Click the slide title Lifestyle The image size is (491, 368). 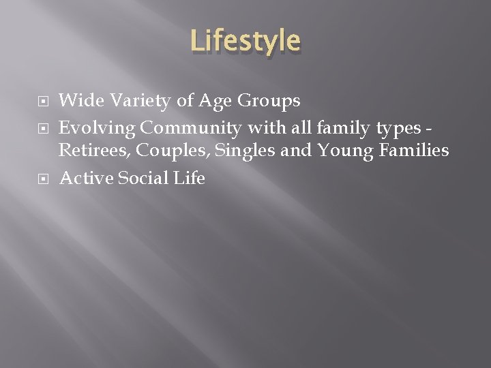coord(245,41)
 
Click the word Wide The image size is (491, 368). coord(80,101)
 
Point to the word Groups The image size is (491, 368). coord(269,102)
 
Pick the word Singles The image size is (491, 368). coord(246,151)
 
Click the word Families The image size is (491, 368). coord(413,150)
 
